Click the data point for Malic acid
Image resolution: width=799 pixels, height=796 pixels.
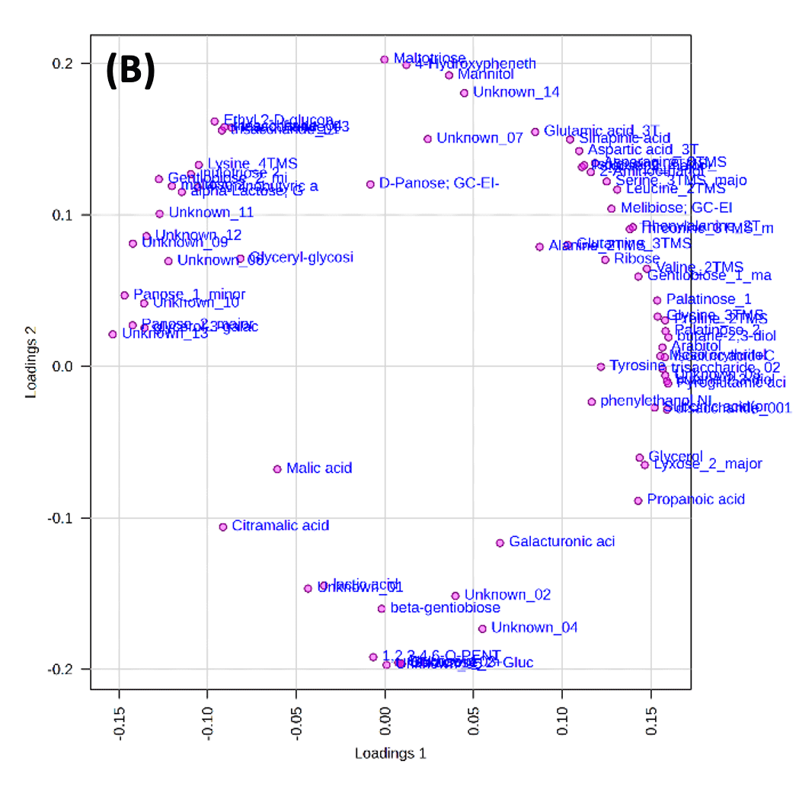tap(277, 469)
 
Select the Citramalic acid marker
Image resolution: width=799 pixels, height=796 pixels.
tap(223, 527)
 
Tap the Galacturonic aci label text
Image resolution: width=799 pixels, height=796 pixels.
tap(562, 542)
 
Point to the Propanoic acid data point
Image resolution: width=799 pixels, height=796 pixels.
tap(638, 500)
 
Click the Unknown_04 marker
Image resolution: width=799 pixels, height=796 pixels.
tap(482, 628)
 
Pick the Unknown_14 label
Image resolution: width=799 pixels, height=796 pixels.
tap(516, 92)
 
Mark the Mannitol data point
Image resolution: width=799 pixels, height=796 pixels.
tap(449, 75)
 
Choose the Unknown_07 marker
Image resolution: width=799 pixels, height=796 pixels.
tap(427, 139)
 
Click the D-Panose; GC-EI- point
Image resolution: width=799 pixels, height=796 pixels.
tap(370, 184)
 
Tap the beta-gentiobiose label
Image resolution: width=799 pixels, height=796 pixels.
tap(445, 608)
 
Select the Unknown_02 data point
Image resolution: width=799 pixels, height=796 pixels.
tap(455, 596)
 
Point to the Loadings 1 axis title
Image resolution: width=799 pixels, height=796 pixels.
tap(390, 753)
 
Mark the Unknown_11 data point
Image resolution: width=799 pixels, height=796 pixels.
tap(159, 214)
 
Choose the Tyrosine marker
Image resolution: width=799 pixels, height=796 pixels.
tap(600, 366)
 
